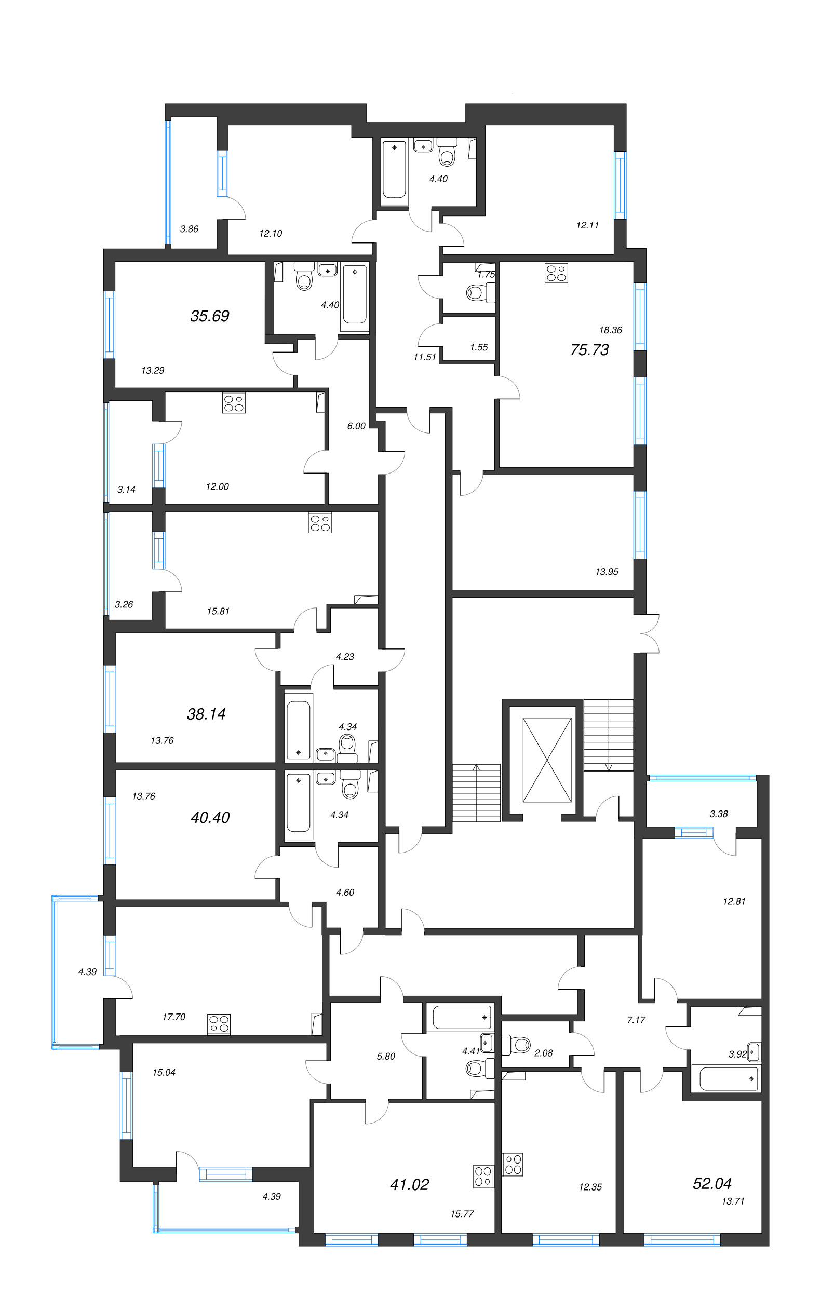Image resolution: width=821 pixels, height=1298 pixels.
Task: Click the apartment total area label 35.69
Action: coord(210,316)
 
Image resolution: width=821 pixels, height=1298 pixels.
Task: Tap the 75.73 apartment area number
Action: coord(589,350)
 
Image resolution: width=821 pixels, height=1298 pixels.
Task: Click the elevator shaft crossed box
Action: coord(547,760)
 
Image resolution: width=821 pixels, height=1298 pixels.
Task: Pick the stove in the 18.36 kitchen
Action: coord(556,272)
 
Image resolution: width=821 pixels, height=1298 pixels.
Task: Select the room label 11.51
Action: coord(424,357)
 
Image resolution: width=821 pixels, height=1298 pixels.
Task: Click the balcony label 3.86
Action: coord(189,229)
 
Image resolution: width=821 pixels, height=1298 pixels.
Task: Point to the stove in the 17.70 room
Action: coord(219,1024)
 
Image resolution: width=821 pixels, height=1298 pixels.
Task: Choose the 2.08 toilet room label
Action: coord(543,1053)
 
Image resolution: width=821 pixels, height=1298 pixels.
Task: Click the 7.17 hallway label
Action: coord(636,1020)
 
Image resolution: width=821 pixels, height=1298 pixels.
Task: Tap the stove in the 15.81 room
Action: coord(320,522)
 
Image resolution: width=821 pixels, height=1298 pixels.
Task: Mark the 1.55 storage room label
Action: coord(479,347)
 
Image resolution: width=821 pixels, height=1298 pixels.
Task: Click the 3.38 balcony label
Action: coord(719,814)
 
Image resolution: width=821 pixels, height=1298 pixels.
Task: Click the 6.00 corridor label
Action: coord(356,426)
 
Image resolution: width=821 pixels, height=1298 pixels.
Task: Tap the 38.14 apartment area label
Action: coord(206,714)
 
